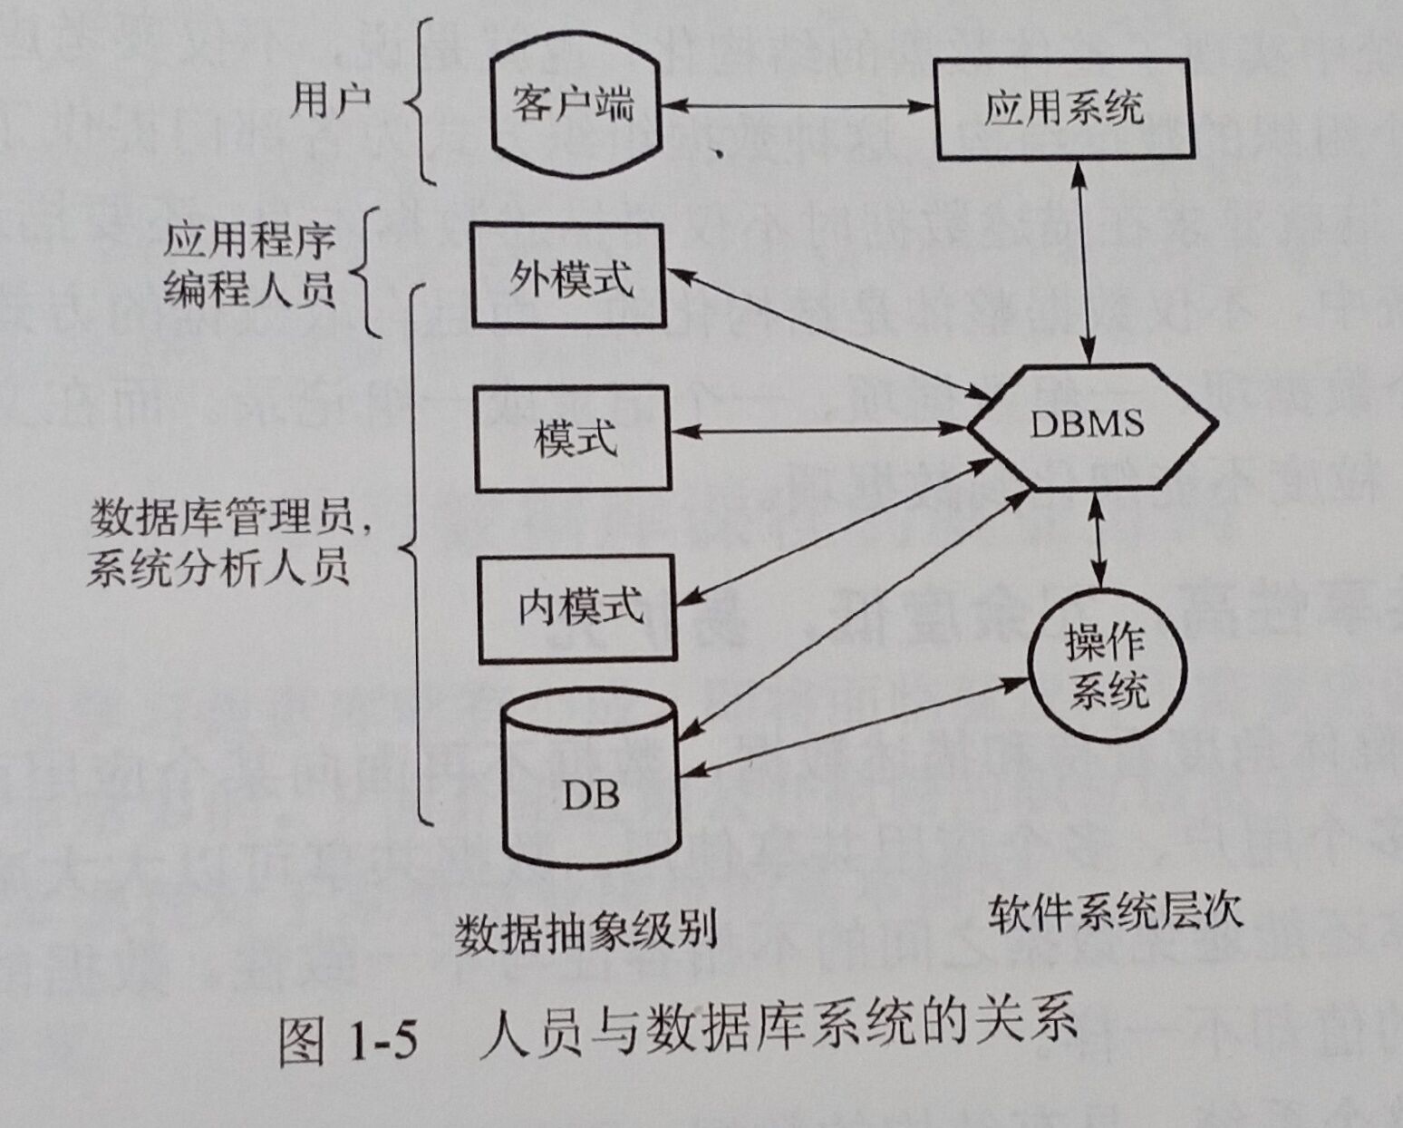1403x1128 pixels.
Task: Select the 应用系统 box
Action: tap(1062, 110)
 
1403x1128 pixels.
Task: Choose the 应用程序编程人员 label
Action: tap(250, 267)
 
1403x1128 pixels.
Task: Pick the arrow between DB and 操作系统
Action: tap(852, 725)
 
